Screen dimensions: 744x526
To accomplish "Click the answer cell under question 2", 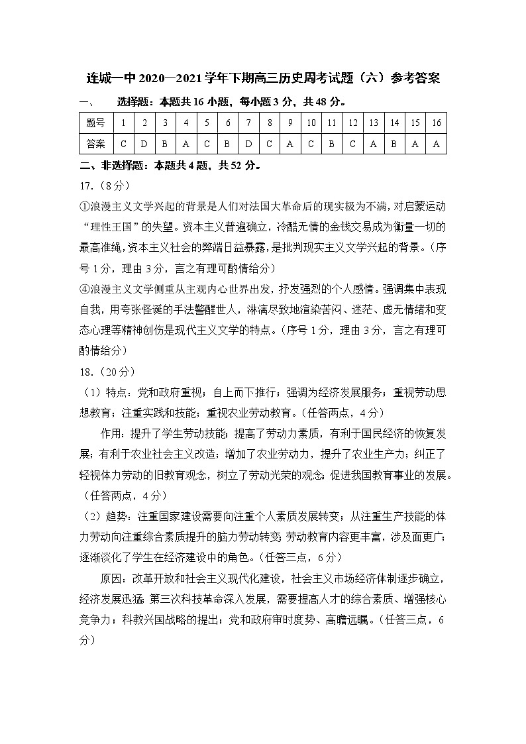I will [x=144, y=143].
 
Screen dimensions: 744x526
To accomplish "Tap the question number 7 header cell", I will [x=248, y=123].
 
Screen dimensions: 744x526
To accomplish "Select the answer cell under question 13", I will [x=374, y=143].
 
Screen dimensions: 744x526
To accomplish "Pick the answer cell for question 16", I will [x=436, y=143].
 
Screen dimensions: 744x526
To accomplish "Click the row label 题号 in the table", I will [x=96, y=123].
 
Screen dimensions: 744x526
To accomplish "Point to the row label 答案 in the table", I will [x=96, y=143].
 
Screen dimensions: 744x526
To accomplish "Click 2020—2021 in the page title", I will [x=170, y=79].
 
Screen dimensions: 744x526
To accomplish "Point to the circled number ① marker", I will [x=84, y=205].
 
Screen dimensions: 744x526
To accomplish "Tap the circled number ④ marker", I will [x=84, y=288].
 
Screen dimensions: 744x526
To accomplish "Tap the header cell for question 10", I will [x=310, y=123].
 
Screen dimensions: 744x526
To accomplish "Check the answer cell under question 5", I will [x=207, y=143].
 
